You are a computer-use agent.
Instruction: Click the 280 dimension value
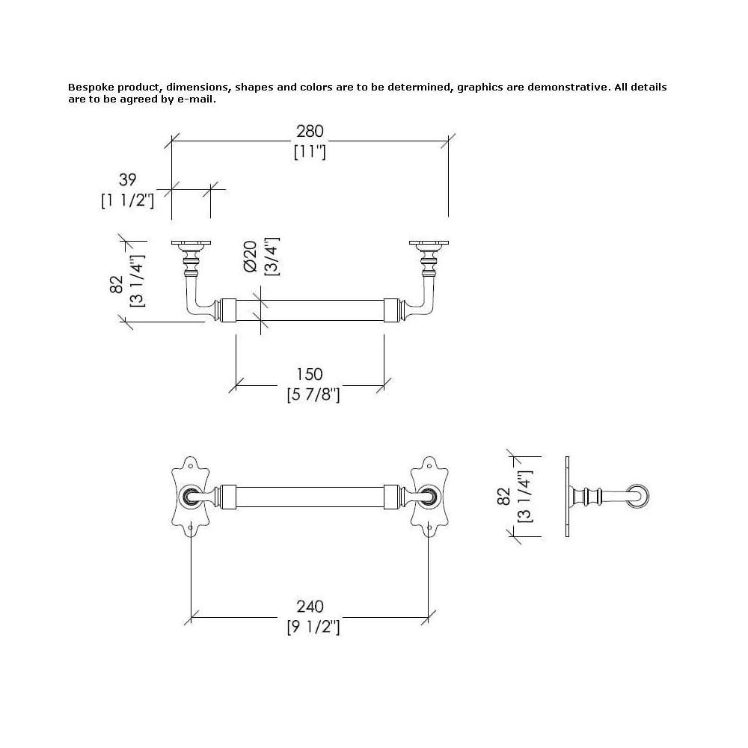310,131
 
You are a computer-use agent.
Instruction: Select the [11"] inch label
310,152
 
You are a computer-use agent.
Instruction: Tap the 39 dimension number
127,180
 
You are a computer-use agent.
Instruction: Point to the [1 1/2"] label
127,200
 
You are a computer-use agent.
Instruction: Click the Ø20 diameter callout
251,256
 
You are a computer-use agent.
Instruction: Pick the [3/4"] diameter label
272,257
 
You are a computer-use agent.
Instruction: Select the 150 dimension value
310,375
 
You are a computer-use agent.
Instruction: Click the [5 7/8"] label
313,395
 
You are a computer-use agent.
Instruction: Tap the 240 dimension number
310,607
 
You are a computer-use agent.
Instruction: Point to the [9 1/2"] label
313,627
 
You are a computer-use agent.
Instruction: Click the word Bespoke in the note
91,88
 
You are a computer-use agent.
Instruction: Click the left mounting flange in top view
191,243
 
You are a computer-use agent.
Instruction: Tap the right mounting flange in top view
429,243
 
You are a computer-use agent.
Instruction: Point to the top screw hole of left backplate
191,465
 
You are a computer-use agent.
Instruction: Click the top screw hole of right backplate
429,465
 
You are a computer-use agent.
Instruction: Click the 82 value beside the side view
503,497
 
